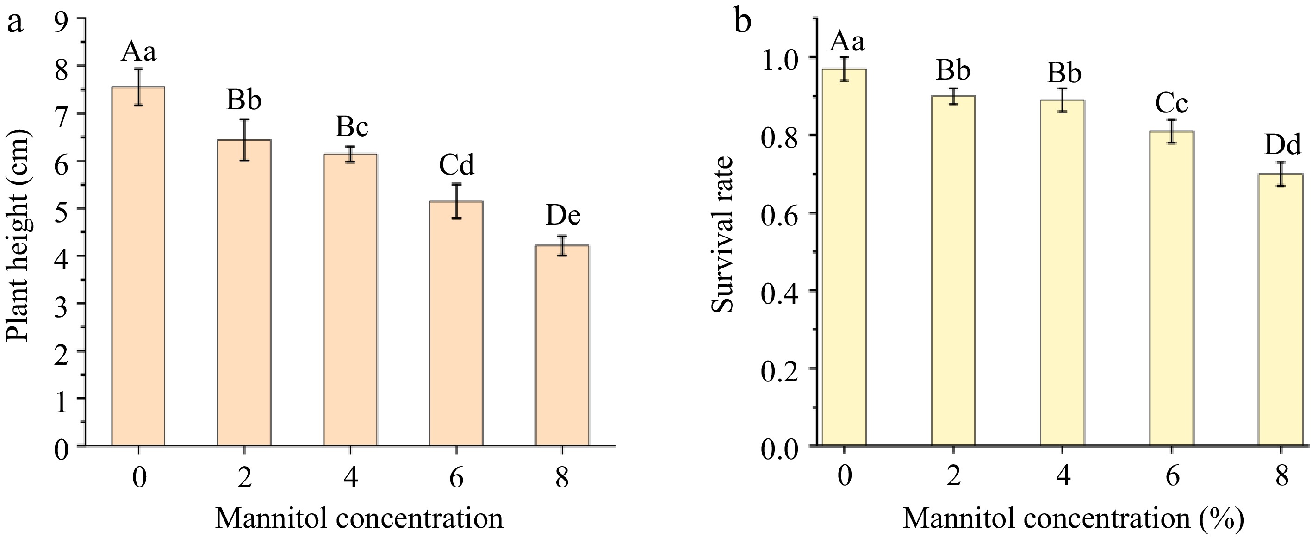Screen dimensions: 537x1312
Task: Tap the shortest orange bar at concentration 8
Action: pyautogui.click(x=562, y=346)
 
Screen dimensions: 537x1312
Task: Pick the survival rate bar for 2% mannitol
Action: pyautogui.click(x=953, y=270)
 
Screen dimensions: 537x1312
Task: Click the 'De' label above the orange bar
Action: pyautogui.click(x=563, y=216)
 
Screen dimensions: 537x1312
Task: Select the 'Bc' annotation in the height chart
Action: pyautogui.click(x=351, y=127)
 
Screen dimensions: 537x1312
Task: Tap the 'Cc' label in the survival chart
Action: pyautogui.click(x=1171, y=103)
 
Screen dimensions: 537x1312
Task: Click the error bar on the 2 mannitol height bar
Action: pyautogui.click(x=244, y=140)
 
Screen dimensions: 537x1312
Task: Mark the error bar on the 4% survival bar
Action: pyautogui.click(x=1063, y=100)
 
